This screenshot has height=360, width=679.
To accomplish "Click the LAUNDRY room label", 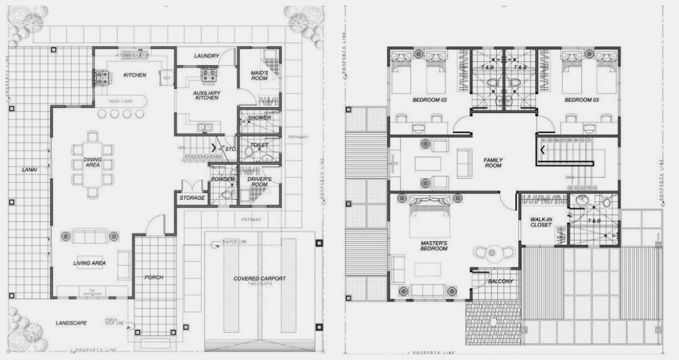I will [207, 56].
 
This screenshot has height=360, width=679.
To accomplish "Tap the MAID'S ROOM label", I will [259, 76].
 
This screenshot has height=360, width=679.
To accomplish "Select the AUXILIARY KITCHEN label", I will [207, 95].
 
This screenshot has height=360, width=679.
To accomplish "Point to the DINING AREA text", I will [93, 162].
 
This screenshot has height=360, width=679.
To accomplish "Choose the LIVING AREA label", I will [89, 263].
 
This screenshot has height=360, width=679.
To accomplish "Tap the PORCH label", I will [154, 277].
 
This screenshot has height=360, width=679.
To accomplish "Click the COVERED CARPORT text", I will [260, 279].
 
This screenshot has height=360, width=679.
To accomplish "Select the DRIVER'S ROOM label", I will [260, 182].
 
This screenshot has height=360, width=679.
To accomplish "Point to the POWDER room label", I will [223, 179].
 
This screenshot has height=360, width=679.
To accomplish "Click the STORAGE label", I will [192, 198].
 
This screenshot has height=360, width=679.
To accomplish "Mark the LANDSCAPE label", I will [71, 323].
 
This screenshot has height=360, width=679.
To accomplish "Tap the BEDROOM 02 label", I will [429, 100].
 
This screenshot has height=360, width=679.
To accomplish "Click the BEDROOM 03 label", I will [582, 100].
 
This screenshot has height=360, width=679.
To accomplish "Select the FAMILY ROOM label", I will [493, 163].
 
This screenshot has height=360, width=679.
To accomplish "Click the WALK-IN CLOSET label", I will [541, 222].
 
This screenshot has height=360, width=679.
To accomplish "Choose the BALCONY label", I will [501, 281].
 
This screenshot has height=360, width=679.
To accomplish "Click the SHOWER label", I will [259, 118].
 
